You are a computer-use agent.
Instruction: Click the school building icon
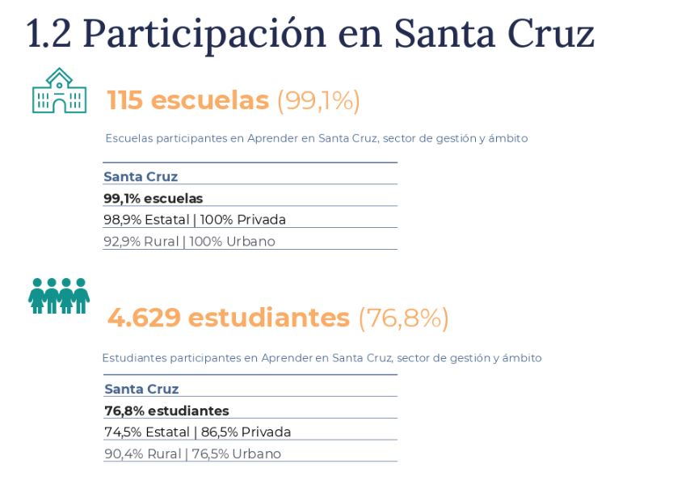(x=58, y=91)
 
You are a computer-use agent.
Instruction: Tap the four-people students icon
(x=58, y=296)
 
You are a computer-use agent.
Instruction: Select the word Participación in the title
(x=198, y=35)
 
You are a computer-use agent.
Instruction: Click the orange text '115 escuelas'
(x=187, y=100)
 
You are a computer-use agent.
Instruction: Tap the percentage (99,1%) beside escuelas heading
(x=318, y=100)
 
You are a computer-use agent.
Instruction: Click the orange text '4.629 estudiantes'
(x=228, y=318)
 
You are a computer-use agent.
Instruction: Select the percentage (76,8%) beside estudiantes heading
(x=403, y=318)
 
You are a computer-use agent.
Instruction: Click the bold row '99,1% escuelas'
(x=153, y=198)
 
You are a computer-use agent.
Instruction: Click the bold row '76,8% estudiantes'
(x=166, y=411)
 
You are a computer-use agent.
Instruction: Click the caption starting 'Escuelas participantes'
(x=316, y=138)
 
